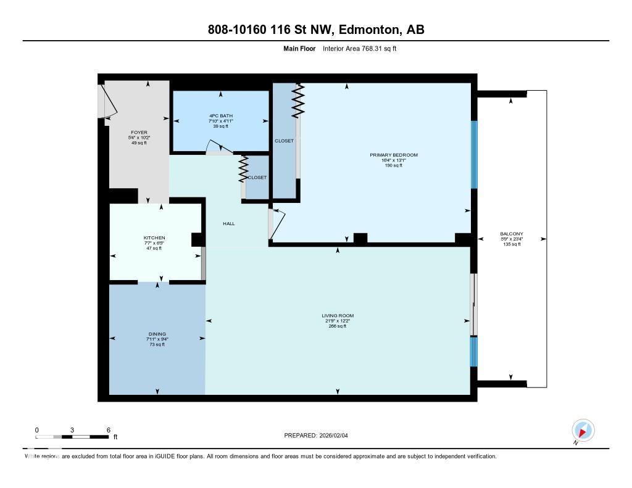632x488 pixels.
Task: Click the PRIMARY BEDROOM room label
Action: point(394,155)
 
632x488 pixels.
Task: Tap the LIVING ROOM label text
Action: point(337,315)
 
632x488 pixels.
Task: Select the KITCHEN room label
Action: point(154,238)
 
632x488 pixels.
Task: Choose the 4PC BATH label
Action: point(220,115)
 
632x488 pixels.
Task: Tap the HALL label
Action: point(228,224)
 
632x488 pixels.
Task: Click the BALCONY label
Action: point(511,234)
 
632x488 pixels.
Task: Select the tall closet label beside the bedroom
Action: point(284,141)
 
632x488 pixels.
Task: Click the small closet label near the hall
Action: point(257,178)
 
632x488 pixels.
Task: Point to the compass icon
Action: point(583,430)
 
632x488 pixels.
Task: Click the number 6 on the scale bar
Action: point(108,430)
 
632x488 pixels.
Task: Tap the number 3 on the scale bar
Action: point(72,430)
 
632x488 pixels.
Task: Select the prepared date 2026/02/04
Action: point(338,435)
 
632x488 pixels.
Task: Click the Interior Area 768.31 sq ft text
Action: point(359,48)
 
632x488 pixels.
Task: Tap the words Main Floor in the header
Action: point(299,48)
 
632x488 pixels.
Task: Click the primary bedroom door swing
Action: point(277,223)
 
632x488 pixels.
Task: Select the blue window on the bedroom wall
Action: point(474,154)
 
